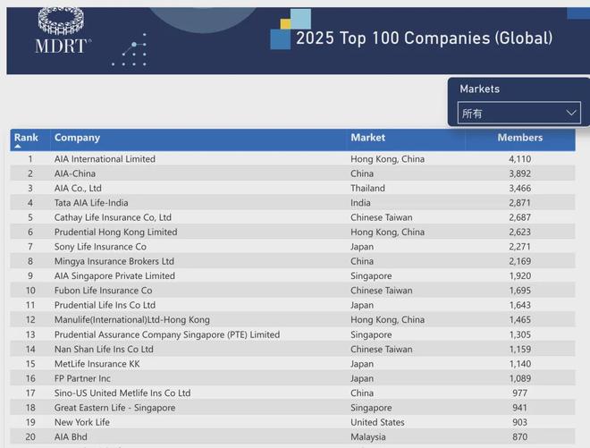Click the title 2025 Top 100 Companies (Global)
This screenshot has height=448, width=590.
click(424, 38)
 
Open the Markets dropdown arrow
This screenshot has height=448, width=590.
click(572, 114)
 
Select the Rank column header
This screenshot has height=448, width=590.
click(27, 138)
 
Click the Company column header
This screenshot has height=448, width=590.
click(77, 138)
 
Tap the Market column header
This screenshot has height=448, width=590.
click(368, 138)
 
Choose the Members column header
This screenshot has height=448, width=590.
click(520, 138)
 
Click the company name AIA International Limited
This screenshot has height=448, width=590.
click(105, 159)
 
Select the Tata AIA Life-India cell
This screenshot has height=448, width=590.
click(90, 203)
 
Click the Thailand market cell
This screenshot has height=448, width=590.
click(368, 189)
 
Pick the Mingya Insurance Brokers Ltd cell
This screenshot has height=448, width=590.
click(114, 261)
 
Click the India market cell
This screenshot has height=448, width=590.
click(362, 203)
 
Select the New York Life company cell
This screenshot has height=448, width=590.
click(82, 422)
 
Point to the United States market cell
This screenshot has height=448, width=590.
click(379, 422)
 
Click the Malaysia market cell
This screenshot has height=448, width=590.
click(368, 437)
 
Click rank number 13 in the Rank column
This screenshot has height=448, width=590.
click(30, 334)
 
